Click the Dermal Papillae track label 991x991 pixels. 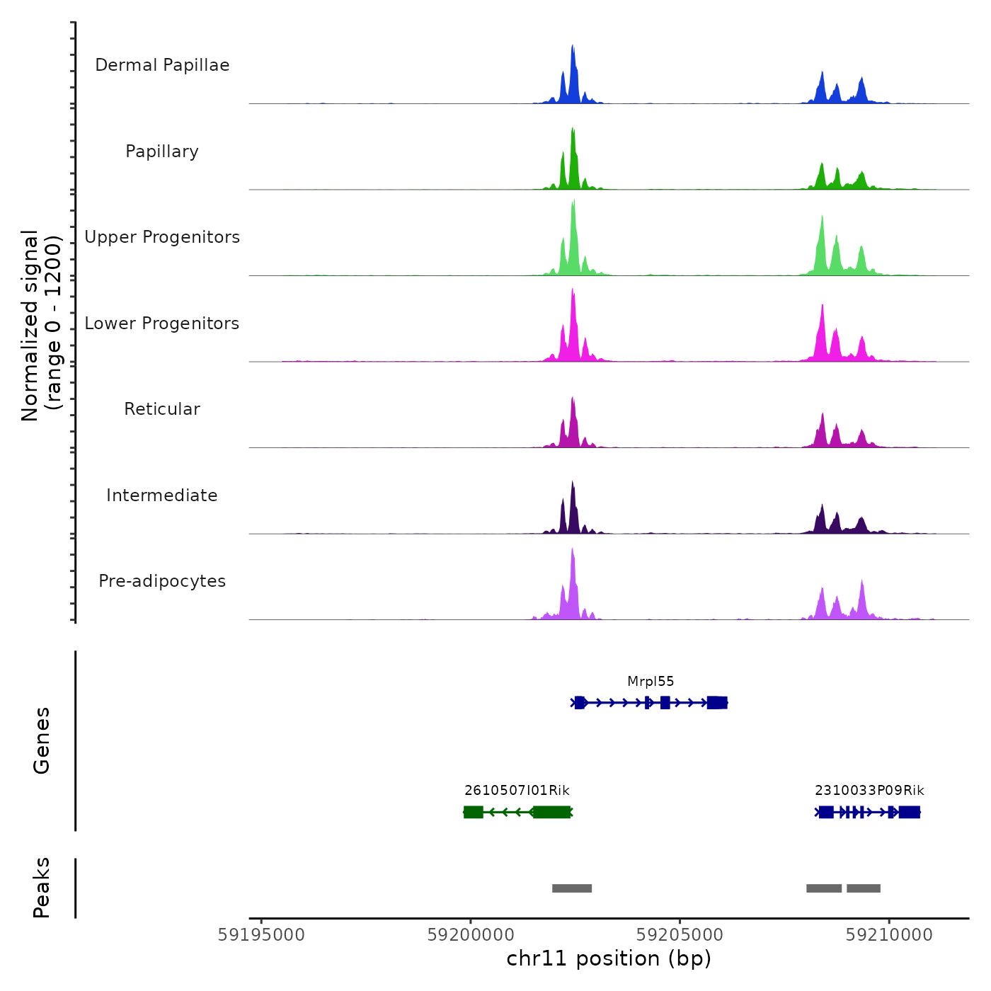pos(162,65)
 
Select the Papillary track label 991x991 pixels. pos(162,151)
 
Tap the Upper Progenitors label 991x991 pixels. pos(162,237)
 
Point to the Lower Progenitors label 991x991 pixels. pos(162,323)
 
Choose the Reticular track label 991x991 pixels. pos(162,409)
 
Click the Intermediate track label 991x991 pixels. pos(162,495)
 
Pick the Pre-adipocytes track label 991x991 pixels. pos(162,581)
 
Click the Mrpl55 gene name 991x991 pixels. pos(651,682)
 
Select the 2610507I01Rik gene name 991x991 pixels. pos(517,791)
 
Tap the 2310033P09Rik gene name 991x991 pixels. pos(869,791)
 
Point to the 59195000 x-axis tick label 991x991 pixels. pos(261,935)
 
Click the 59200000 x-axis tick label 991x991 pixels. pos(471,935)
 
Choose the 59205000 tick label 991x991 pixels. pos(680,935)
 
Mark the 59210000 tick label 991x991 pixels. pos(889,935)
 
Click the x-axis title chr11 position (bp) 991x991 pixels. pos(609,958)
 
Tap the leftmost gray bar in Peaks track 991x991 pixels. pos(572,888)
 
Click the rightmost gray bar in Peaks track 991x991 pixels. pos(864,888)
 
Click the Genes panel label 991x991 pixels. pos(42,740)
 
